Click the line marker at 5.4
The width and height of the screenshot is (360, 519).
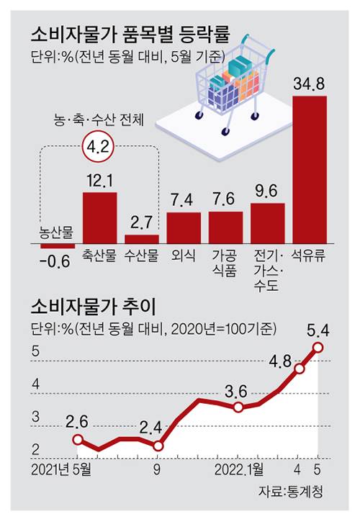pyautogui.click(x=319, y=348)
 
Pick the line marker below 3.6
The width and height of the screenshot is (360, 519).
pyautogui.click(x=238, y=408)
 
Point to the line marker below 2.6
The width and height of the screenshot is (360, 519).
pyautogui.click(x=78, y=439)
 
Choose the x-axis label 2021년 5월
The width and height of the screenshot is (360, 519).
pyautogui.click(x=61, y=467)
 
